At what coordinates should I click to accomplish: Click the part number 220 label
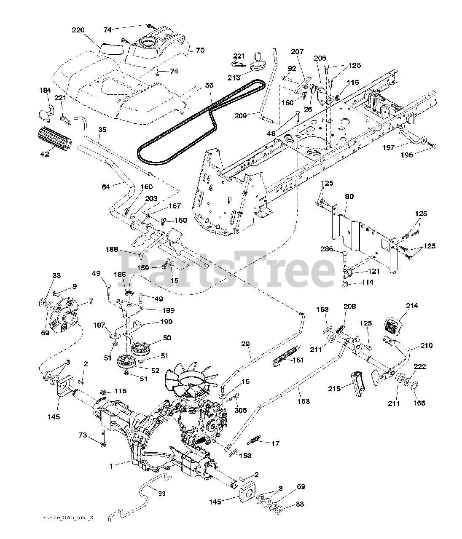(x=78, y=30)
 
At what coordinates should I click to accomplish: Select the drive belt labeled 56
(x=177, y=122)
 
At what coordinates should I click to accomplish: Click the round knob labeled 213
(x=256, y=67)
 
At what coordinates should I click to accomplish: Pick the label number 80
(x=349, y=196)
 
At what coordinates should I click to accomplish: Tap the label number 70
(x=200, y=50)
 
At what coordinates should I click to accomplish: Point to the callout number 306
(x=241, y=411)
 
